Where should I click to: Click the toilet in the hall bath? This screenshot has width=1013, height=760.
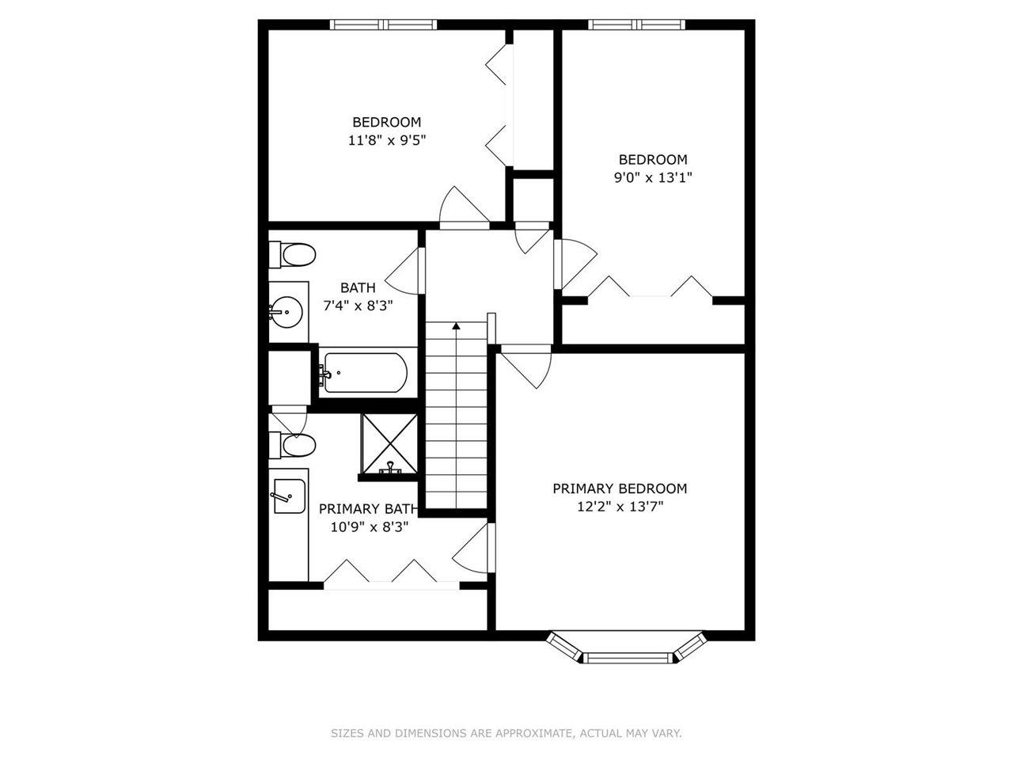pos(292,255)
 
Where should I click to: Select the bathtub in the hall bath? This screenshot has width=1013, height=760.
pos(365,373)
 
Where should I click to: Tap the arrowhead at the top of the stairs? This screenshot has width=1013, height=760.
pos(456,325)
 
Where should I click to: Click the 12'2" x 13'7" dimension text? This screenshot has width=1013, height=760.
pos(620,507)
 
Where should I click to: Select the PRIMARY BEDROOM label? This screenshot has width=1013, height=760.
pos(620,488)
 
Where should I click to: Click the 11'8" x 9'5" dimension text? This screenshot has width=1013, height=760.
pos(387,140)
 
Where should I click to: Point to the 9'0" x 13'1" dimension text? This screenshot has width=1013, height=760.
pos(653,177)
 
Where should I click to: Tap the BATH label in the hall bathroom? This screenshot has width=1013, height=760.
pos(358,287)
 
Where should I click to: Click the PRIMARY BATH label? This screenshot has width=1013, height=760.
pos(367,508)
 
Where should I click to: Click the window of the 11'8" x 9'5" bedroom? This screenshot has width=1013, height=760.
pos(384,25)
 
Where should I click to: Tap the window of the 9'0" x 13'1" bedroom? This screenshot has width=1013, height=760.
pos(637,25)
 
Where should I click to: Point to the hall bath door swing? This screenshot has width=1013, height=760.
pos(406,269)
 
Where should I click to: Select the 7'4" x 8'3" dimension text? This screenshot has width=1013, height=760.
pos(358,305)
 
